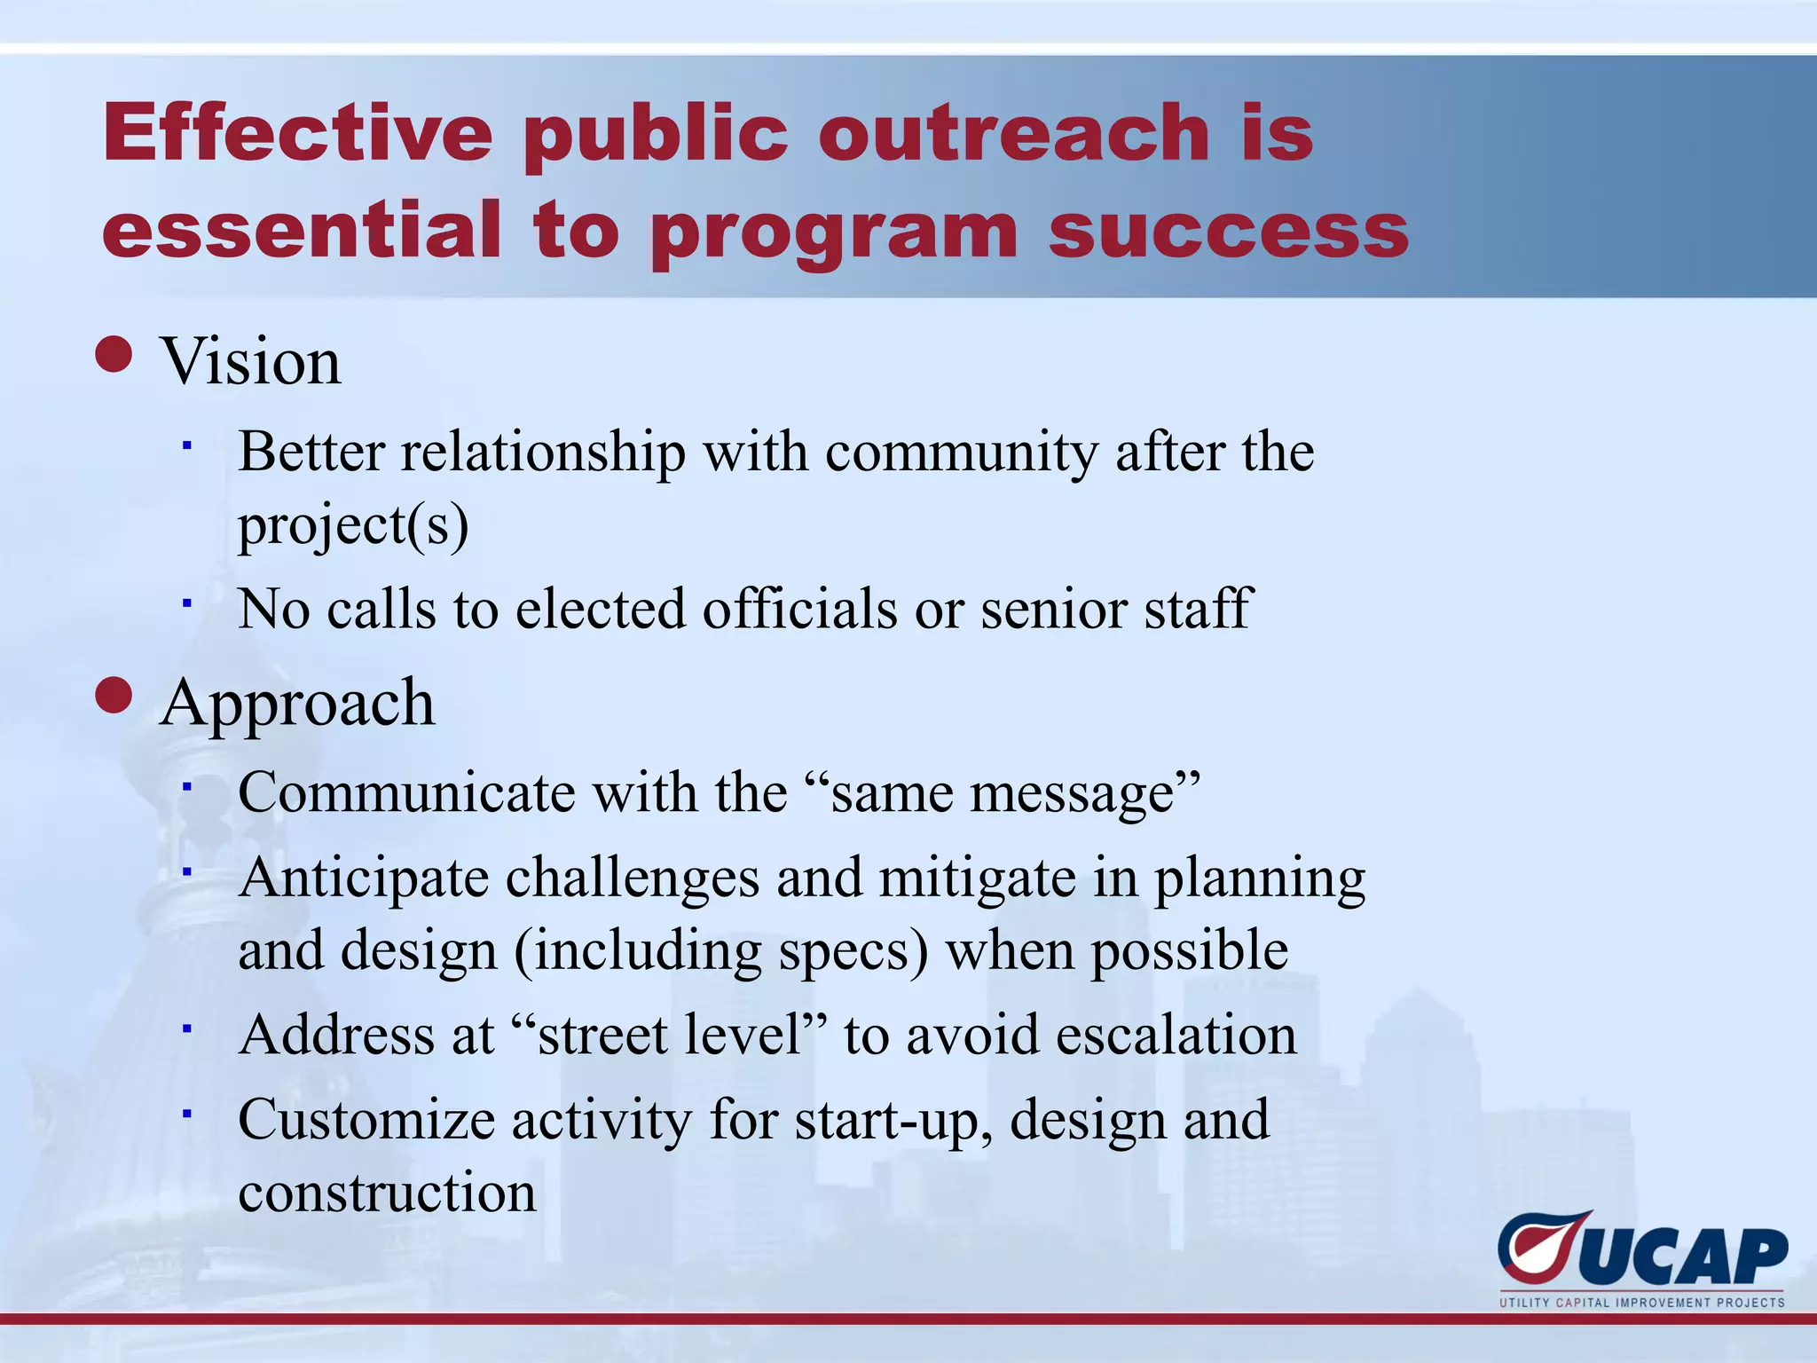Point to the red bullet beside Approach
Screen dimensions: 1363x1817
click(x=114, y=695)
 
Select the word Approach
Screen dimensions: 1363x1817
click(x=297, y=704)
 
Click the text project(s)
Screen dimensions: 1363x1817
click(x=353, y=524)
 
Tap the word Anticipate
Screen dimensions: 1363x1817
click(x=364, y=878)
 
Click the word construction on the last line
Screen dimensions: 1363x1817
click(x=387, y=1192)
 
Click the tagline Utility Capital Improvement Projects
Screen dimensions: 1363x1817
click(x=1641, y=1303)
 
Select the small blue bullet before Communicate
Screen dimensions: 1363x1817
click(x=187, y=784)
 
